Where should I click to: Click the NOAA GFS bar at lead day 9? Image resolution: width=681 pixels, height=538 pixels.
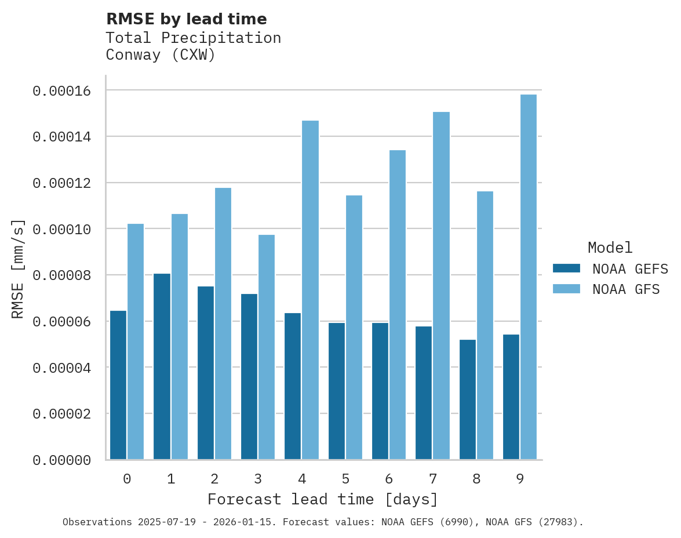point(529,277)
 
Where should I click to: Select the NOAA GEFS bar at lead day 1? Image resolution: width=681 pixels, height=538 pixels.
point(162,366)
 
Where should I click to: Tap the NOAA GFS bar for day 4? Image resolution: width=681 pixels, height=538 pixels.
point(310,290)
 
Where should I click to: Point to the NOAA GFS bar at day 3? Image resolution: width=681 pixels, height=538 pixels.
point(267,347)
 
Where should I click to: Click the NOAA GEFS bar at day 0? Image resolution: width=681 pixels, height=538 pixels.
point(118,385)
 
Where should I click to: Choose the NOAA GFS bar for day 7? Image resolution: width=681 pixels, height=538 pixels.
point(441,286)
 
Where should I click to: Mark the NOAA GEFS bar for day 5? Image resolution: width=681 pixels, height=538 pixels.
point(337,391)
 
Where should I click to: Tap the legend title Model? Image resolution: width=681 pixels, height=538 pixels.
point(610,248)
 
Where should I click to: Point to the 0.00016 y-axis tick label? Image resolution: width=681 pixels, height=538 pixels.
point(62,91)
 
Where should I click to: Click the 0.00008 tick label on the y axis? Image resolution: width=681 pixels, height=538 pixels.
point(62,275)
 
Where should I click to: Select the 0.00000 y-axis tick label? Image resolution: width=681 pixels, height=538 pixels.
point(62,460)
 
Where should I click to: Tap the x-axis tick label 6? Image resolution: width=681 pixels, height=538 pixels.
point(389,479)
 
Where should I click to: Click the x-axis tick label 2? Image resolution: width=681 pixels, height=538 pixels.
point(214,479)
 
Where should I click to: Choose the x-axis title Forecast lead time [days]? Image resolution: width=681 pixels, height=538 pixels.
point(323,499)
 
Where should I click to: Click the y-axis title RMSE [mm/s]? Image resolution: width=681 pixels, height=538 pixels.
point(18,269)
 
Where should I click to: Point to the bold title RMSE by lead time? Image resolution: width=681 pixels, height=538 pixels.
point(187,19)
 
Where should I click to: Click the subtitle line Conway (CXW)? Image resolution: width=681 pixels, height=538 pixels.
point(161,55)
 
